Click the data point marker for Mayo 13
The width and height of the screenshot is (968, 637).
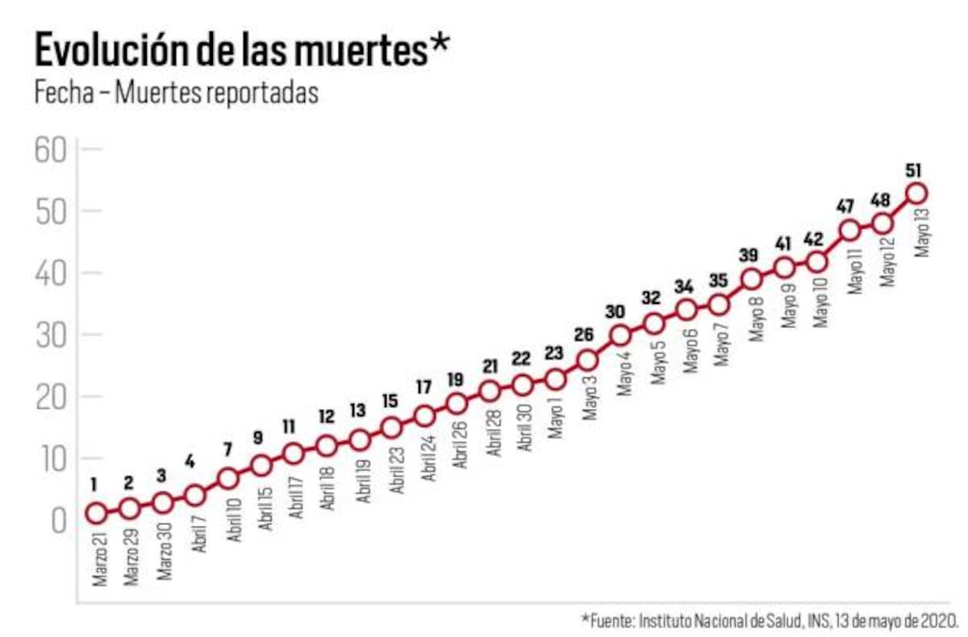(x=916, y=193)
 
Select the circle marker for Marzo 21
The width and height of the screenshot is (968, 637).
(x=96, y=513)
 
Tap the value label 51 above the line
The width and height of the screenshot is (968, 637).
(x=914, y=170)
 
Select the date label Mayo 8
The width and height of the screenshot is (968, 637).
(x=757, y=319)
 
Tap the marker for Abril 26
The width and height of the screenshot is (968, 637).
(x=457, y=403)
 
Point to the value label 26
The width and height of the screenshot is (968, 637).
(x=586, y=335)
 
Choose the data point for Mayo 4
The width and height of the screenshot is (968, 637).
(x=620, y=335)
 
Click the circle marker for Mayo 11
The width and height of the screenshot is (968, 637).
(x=849, y=230)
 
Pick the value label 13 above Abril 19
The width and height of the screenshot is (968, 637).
(x=359, y=411)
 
